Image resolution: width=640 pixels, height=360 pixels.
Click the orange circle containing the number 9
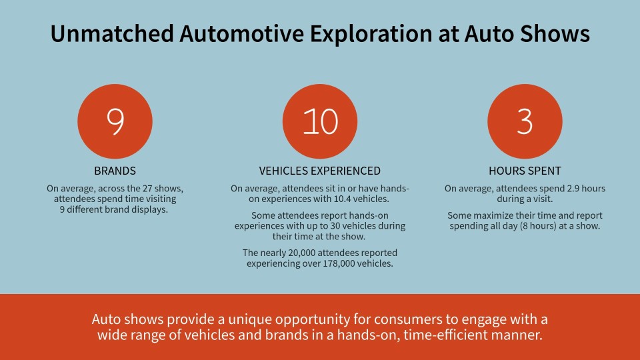pyautogui.click(x=115, y=121)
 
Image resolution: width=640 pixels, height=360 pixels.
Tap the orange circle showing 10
pyautogui.click(x=320, y=121)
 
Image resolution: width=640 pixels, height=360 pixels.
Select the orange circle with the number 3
pyautogui.click(x=525, y=121)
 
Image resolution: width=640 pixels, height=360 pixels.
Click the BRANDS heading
pyautogui.click(x=115, y=171)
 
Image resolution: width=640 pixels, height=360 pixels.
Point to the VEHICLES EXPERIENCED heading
pyautogui.click(x=320, y=171)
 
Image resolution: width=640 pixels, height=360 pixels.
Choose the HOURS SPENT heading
pyautogui.click(x=525, y=171)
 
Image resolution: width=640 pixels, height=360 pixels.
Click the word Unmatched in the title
pyautogui.click(x=112, y=33)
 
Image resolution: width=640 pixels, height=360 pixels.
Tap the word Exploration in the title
pyautogui.click(x=371, y=33)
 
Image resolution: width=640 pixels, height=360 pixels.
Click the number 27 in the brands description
pyautogui.click(x=147, y=189)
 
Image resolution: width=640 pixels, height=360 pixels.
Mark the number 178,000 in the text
pyautogui.click(x=339, y=264)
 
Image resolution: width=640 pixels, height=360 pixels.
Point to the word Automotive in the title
pyautogui.click(x=242, y=33)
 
